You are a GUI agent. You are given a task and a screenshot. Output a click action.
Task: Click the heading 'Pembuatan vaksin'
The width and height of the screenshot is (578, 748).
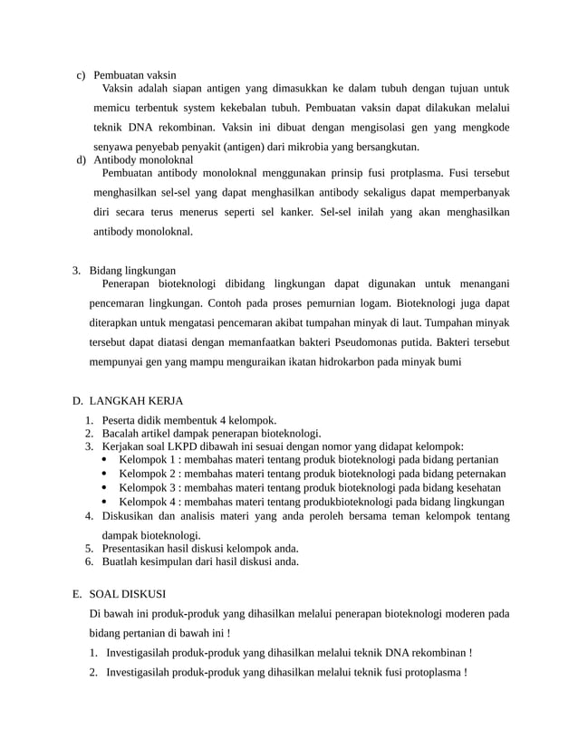click(135, 74)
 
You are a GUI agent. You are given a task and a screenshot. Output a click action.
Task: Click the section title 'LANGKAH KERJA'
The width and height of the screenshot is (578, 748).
click(136, 399)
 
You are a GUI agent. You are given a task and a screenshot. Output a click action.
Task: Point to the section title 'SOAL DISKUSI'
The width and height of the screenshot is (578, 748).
click(128, 594)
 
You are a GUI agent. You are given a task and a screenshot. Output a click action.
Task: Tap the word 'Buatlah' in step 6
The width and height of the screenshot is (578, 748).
click(121, 561)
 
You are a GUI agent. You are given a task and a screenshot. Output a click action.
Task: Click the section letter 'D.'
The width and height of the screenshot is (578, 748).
click(78, 399)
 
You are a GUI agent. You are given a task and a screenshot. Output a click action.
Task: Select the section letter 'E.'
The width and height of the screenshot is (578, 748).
click(78, 594)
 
